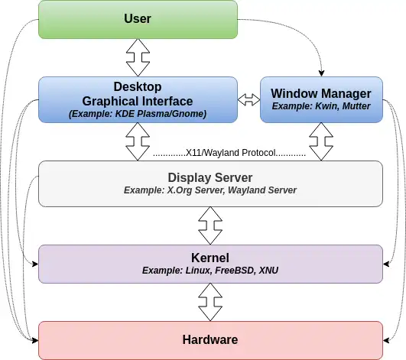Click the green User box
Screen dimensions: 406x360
[x=138, y=19]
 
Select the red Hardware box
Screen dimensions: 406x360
[x=210, y=340]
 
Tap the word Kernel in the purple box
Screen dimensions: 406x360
[x=210, y=258]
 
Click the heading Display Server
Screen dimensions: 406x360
[x=210, y=178]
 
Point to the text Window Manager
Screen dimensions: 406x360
[x=321, y=94]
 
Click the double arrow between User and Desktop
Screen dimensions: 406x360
[x=138, y=58]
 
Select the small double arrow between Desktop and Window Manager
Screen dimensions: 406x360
[x=248, y=99]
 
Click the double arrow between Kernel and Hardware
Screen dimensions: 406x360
[x=210, y=302]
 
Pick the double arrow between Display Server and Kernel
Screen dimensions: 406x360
[x=210, y=225]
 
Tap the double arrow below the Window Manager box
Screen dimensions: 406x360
[x=321, y=141]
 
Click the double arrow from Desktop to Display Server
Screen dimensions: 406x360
[x=138, y=141]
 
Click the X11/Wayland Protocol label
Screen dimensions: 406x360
[x=230, y=153]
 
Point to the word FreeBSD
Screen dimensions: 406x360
[x=235, y=271]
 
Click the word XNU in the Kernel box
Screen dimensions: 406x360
[x=268, y=271]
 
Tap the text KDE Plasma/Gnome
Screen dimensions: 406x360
[x=160, y=114]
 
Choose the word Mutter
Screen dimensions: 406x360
[x=356, y=106]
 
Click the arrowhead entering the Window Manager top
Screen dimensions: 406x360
[x=321, y=73]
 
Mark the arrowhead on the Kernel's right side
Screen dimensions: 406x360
[x=386, y=264]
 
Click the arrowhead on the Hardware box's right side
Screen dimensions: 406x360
[x=386, y=340]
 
